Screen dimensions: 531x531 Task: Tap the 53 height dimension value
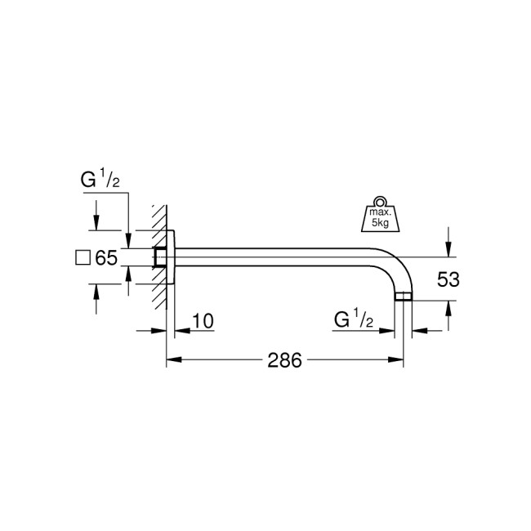click(x=448, y=279)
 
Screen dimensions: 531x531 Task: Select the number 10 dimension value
click(x=203, y=320)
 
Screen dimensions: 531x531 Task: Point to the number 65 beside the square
click(x=106, y=258)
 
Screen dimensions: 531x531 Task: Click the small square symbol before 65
click(x=82, y=258)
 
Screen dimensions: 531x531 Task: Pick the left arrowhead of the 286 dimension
click(x=173, y=359)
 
